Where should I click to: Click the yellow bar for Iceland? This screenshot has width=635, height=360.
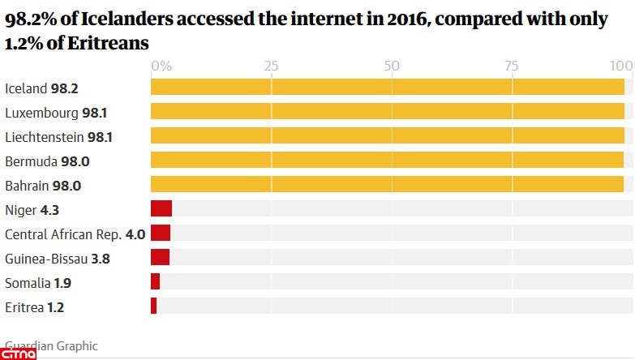click(x=387, y=88)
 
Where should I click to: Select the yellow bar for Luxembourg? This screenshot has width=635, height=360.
click(x=387, y=112)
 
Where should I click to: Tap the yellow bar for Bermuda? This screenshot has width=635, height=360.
click(x=387, y=161)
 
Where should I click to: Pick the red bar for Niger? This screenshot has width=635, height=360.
click(x=161, y=209)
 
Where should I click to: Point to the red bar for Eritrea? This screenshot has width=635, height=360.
click(x=153, y=306)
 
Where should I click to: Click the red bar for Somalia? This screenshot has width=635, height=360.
click(x=155, y=282)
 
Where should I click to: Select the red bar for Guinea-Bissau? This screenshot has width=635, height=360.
click(x=160, y=258)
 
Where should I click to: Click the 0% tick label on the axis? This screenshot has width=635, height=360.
click(x=161, y=66)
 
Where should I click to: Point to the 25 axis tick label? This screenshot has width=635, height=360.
click(x=271, y=66)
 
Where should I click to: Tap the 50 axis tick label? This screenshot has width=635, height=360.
click(x=392, y=66)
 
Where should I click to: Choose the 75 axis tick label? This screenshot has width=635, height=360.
click(x=512, y=66)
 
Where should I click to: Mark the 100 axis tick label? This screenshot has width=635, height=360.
click(x=621, y=66)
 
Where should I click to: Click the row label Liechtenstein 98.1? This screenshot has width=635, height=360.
click(x=58, y=137)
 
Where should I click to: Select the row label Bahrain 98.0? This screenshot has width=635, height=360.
click(x=43, y=186)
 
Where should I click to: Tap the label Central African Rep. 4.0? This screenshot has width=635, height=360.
click(x=75, y=234)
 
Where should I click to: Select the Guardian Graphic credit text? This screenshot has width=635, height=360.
click(x=51, y=346)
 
